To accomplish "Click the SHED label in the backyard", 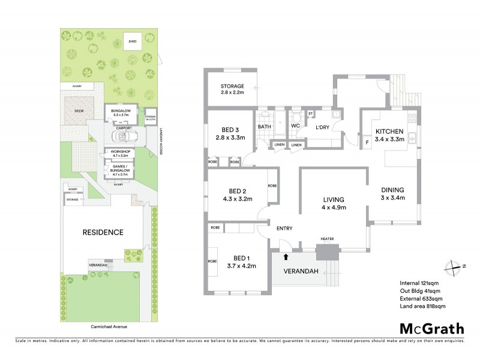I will coord(132,41).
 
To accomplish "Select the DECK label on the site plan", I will coord(79,111).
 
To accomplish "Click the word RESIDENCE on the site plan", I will coord(103,232).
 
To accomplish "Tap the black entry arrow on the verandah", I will coord(286,257).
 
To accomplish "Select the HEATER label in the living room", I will coord(327,239).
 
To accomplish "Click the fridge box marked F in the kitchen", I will coord(367,142).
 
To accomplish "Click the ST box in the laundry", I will coord(311,113).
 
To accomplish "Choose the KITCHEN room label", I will coord(389,131).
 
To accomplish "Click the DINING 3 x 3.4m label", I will coord(393,194).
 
